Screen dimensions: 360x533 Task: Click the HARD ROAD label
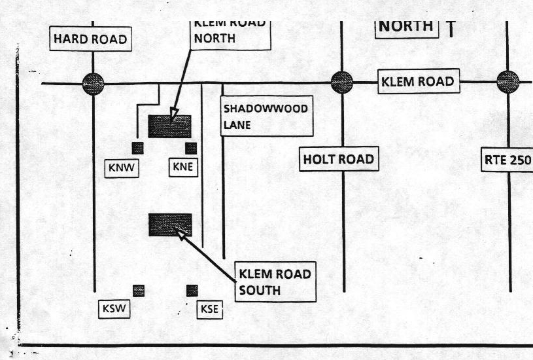(x=90, y=39)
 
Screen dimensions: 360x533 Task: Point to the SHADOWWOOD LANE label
(x=266, y=117)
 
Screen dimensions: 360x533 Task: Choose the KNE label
(x=183, y=168)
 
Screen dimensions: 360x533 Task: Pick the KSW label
(x=114, y=309)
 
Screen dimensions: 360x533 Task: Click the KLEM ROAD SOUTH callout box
(x=274, y=281)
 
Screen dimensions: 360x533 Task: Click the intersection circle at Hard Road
(x=93, y=83)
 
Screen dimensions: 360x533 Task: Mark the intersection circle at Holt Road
(x=342, y=82)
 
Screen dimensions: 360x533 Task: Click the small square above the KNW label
(x=137, y=147)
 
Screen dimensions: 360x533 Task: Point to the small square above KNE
(x=191, y=148)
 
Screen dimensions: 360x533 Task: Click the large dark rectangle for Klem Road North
(x=169, y=126)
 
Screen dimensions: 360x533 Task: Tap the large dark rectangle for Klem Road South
(x=170, y=225)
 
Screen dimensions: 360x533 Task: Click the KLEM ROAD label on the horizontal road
(x=417, y=82)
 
